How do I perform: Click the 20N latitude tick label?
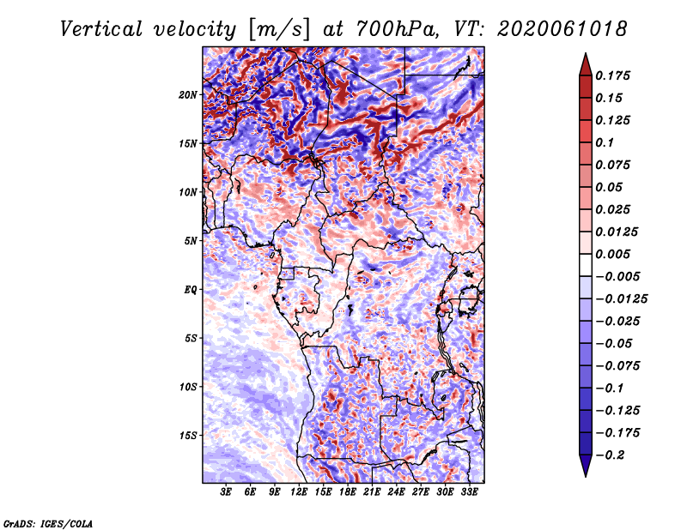tap(188, 94)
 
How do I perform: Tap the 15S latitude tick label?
tap(188, 435)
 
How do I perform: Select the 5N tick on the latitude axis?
tap(191, 240)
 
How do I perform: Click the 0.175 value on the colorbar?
tap(615, 75)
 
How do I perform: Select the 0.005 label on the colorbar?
tap(615, 255)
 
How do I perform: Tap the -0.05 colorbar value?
tap(614, 344)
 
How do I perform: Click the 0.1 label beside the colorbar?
tap(605, 142)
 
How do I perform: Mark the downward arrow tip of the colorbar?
tap(584, 473)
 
